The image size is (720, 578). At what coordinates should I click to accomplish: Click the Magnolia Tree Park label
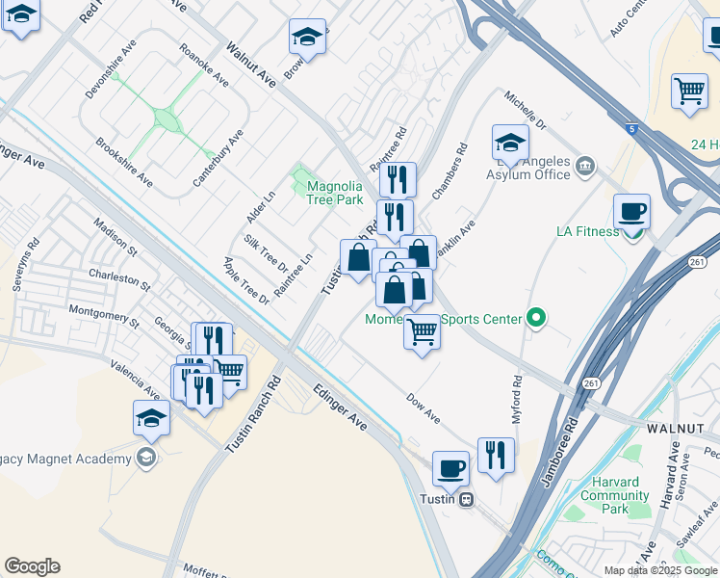334,193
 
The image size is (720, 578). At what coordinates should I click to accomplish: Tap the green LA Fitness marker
633,232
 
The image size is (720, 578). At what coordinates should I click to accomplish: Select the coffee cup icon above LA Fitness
631,212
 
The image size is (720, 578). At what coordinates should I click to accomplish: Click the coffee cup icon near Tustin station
450,469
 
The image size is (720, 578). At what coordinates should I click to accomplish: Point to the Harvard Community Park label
615,495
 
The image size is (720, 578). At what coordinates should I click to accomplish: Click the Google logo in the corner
32,566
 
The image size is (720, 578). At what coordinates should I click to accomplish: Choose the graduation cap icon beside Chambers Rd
510,144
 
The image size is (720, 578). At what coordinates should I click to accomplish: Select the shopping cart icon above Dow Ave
422,332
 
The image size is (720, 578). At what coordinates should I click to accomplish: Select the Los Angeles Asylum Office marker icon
585,169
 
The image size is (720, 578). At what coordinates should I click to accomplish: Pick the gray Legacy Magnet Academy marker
145,458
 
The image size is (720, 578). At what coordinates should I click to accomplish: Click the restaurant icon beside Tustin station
496,456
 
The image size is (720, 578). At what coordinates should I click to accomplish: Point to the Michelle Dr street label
526,112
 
